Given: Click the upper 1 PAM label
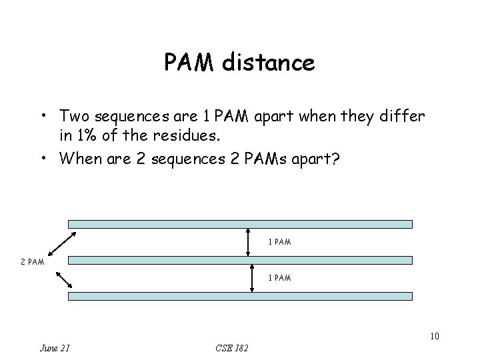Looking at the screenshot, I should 279,242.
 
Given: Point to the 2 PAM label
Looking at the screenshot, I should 33,261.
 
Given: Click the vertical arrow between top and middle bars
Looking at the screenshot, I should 251,243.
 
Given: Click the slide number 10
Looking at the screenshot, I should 434,336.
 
